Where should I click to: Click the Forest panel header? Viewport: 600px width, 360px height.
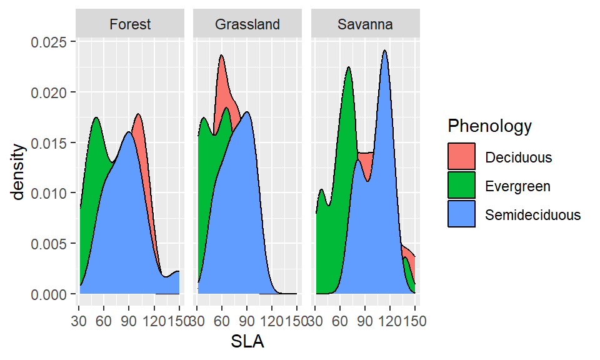pyautogui.click(x=130, y=25)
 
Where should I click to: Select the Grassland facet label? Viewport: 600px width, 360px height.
pyautogui.click(x=247, y=25)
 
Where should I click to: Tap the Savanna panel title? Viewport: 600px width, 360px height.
pyautogui.click(x=365, y=25)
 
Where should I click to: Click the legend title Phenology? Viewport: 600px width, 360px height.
pyautogui.click(x=489, y=126)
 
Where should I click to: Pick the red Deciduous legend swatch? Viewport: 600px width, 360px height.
pyautogui.click(x=462, y=157)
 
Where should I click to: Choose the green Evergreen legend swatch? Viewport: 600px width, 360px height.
pyautogui.click(x=462, y=186)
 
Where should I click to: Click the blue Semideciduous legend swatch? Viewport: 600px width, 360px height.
pyautogui.click(x=462, y=214)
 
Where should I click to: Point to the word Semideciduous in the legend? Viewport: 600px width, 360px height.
pyautogui.click(x=532, y=215)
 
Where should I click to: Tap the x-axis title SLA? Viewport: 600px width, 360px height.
pyautogui.click(x=248, y=342)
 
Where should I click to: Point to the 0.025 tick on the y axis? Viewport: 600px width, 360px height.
pyautogui.click(x=52, y=42)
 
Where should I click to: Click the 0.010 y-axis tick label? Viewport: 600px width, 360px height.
pyautogui.click(x=52, y=193)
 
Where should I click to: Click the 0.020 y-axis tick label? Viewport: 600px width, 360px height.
pyautogui.click(x=52, y=92)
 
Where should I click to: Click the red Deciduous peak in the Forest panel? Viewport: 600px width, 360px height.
pyautogui.click(x=138, y=115)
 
